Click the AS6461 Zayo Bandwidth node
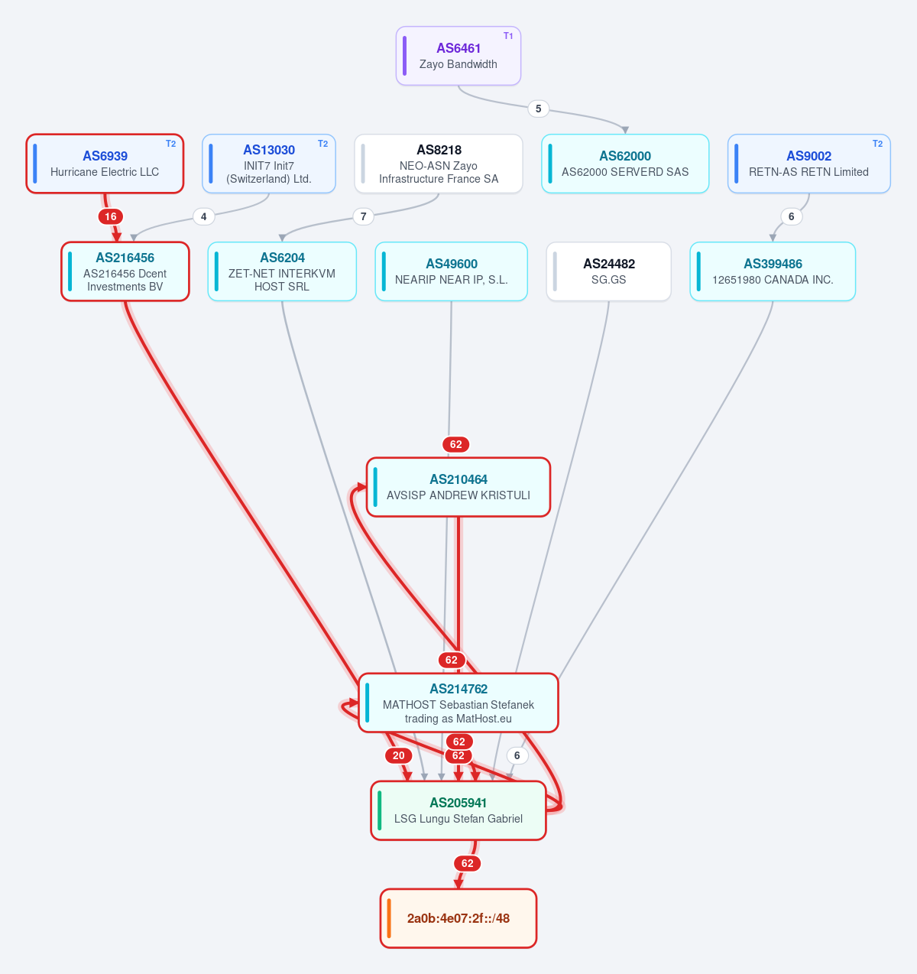pyautogui.click(x=458, y=56)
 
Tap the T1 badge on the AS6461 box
pyautogui.click(x=508, y=36)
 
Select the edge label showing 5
pyautogui.click(x=539, y=109)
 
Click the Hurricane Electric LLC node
pyautogui.click(x=105, y=164)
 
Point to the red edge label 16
pyautogui.click(x=111, y=216)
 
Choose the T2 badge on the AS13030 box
pyautogui.click(x=322, y=144)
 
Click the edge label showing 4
pyautogui.click(x=203, y=216)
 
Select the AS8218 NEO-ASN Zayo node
pyautogui.click(x=439, y=164)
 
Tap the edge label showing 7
pyautogui.click(x=364, y=216)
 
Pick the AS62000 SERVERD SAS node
pyautogui.click(x=625, y=164)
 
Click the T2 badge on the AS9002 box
pyautogui.click(x=877, y=144)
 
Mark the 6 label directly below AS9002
pyautogui.click(x=791, y=216)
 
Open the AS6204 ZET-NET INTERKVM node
pyautogui.click(x=282, y=271)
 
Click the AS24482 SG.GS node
pyautogui.click(x=608, y=271)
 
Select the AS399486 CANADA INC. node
pyautogui.click(x=773, y=271)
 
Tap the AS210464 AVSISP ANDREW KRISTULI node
pyautogui.click(x=458, y=487)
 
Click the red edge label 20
pyautogui.click(x=399, y=755)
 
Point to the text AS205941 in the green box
pyautogui.click(x=458, y=802)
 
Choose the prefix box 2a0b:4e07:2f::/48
pyautogui.click(x=458, y=918)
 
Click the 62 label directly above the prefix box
pyautogui.click(x=468, y=863)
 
